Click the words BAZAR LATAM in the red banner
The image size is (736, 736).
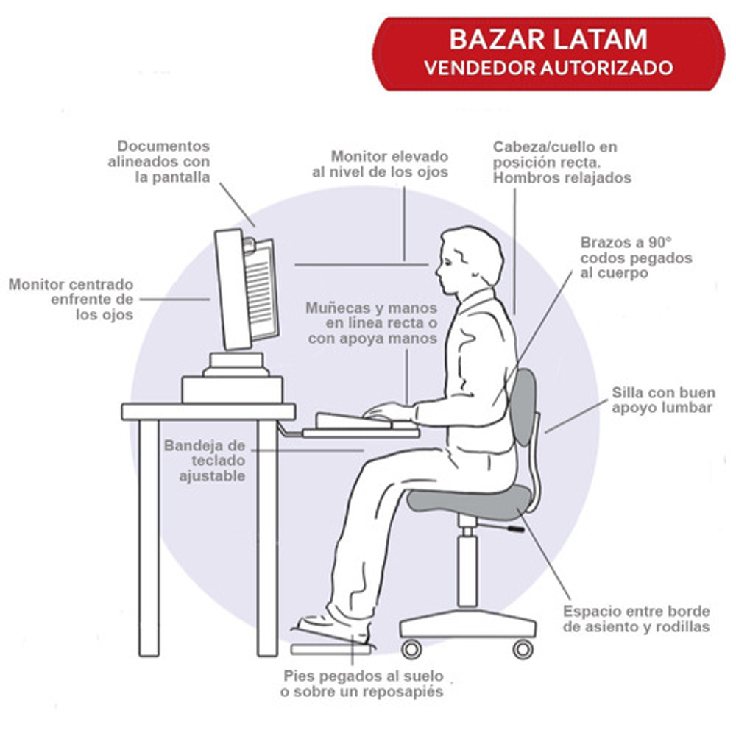[x=548, y=39]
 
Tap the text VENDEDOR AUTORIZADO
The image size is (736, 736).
[x=548, y=68]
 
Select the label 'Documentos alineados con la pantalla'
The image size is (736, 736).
[x=159, y=161]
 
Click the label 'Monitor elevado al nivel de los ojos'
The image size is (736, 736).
[x=381, y=164]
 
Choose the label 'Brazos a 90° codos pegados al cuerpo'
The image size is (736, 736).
[x=636, y=257]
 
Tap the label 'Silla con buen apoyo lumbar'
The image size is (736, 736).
[x=663, y=400]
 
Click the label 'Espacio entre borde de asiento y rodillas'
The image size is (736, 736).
[x=637, y=619]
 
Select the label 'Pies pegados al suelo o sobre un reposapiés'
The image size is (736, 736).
[x=362, y=684]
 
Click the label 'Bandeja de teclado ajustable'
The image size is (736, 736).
[x=205, y=461]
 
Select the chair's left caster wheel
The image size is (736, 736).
[x=411, y=649]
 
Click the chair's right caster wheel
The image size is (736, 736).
[x=523, y=649]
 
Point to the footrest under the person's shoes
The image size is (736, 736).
[x=331, y=648]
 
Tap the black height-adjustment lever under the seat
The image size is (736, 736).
[x=509, y=528]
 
